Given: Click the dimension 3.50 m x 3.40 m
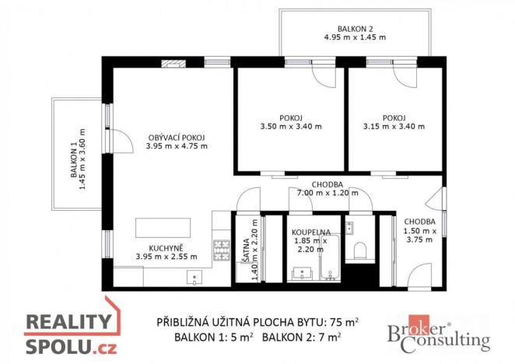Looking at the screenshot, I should [289, 125].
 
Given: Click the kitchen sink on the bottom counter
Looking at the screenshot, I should [192, 278].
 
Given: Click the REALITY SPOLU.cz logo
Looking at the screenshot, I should [71, 332].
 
